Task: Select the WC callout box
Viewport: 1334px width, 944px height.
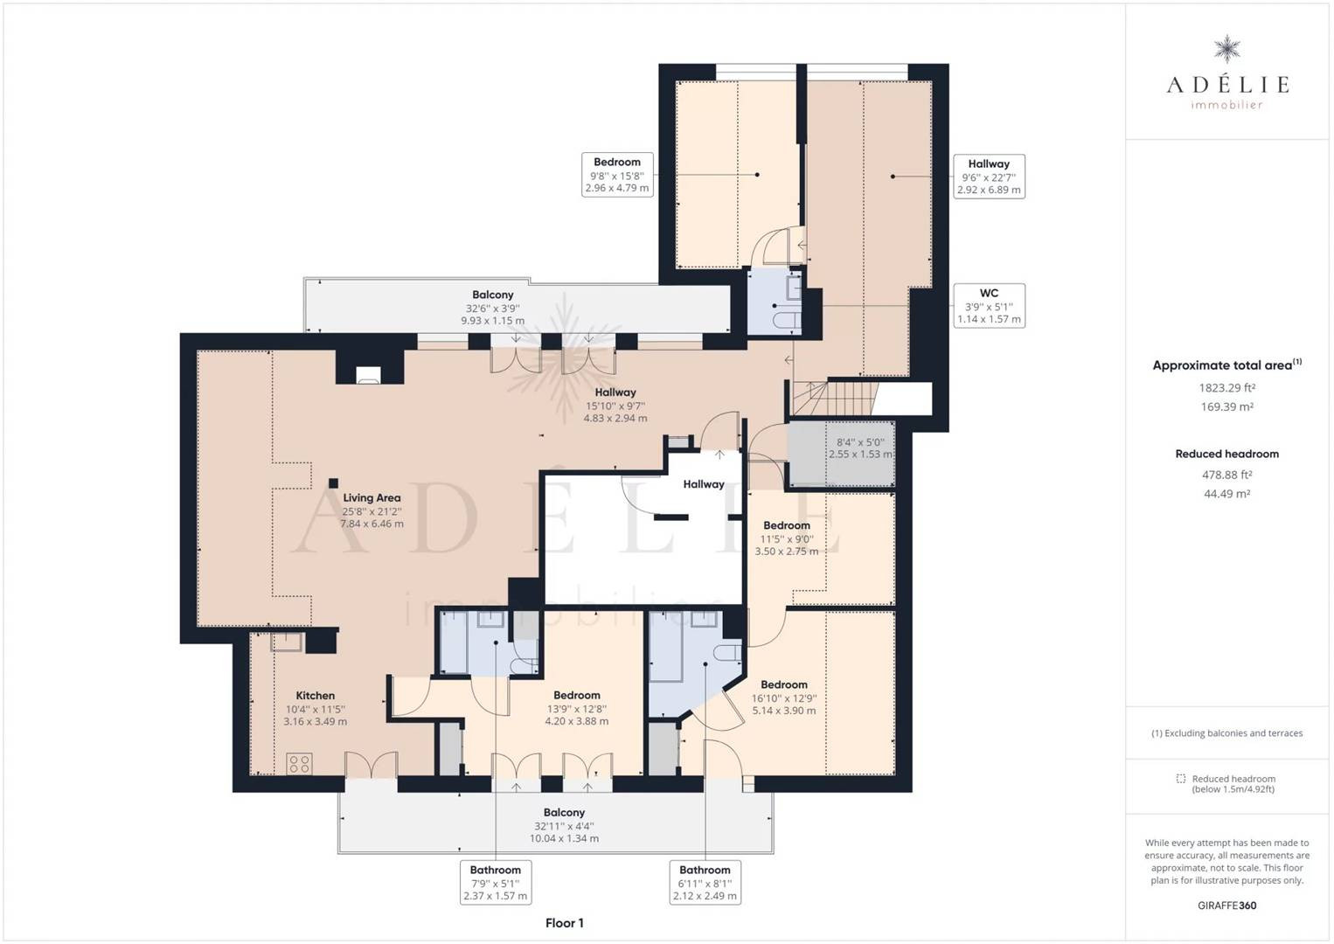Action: (x=989, y=306)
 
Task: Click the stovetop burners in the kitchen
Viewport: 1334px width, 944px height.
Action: (x=299, y=764)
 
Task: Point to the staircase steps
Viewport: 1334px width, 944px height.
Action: (x=835, y=398)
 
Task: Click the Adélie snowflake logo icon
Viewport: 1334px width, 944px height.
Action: (x=1226, y=50)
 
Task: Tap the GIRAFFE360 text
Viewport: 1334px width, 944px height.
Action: (x=1226, y=906)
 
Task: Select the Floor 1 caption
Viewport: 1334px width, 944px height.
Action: (x=564, y=922)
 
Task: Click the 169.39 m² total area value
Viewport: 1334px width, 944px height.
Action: (x=1226, y=406)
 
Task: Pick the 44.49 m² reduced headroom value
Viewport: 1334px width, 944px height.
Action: (x=1226, y=494)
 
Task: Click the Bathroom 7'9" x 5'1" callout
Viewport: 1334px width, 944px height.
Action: (x=496, y=882)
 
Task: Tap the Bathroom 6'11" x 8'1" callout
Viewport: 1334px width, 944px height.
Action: (x=705, y=882)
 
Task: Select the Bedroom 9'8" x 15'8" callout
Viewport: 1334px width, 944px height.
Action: (x=617, y=175)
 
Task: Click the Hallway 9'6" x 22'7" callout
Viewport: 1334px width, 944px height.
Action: (x=989, y=177)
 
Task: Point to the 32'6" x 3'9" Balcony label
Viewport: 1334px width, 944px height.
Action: (x=492, y=308)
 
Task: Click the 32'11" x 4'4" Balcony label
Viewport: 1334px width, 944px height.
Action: (x=564, y=825)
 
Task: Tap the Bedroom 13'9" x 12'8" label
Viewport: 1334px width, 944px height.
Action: (x=576, y=707)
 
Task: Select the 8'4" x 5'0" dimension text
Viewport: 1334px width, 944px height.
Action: (x=860, y=448)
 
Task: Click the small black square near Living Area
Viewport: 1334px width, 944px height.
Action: (x=334, y=483)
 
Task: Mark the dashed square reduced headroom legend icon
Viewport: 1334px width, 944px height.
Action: (x=1180, y=779)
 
